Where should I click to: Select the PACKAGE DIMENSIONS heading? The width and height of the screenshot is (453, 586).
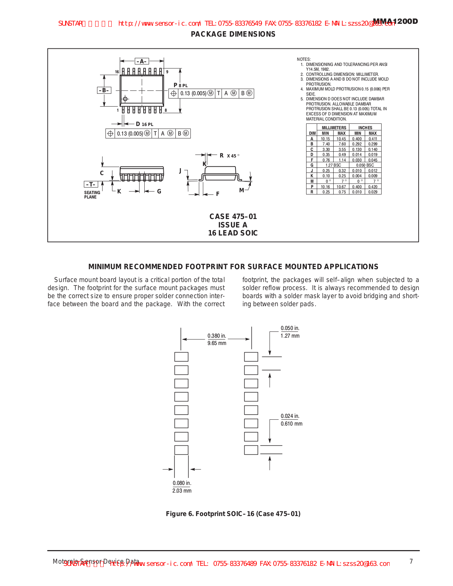click(x=233, y=34)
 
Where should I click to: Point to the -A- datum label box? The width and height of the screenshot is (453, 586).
click(x=142, y=61)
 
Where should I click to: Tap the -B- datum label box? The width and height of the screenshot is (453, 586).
click(x=104, y=90)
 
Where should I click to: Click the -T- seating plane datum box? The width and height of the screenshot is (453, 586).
click(x=91, y=184)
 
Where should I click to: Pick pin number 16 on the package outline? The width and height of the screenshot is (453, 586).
click(x=117, y=72)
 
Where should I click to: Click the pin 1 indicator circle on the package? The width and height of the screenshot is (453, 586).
click(x=125, y=99)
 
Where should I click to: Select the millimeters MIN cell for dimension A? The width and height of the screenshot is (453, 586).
click(x=325, y=139)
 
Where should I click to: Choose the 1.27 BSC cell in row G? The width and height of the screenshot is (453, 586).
click(x=333, y=165)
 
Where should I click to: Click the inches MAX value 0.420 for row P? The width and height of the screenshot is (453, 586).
click(x=373, y=187)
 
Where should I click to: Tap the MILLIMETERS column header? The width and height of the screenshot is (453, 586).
click(x=334, y=128)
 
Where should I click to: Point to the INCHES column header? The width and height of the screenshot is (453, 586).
click(x=365, y=128)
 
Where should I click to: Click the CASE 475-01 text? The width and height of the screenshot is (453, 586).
click(x=233, y=216)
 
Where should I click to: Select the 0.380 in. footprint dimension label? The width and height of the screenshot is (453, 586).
click(x=217, y=336)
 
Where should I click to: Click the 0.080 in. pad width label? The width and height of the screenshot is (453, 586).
click(x=182, y=483)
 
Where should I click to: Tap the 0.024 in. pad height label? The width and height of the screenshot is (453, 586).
click(x=290, y=416)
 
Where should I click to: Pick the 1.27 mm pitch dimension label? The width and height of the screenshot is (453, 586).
click(x=290, y=336)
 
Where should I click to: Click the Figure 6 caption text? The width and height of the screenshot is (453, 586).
click(x=233, y=514)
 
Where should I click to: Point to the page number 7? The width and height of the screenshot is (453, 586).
click(x=411, y=561)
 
